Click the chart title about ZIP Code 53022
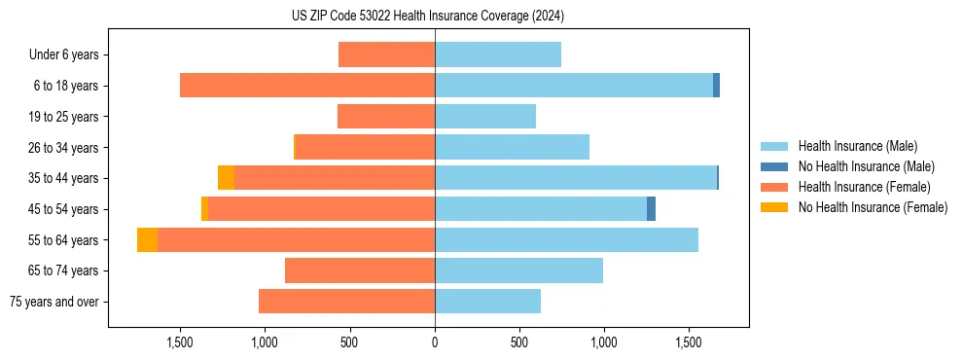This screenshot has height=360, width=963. pyautogui.click(x=427, y=16)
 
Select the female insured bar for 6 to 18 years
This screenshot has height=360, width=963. pyautogui.click(x=307, y=86)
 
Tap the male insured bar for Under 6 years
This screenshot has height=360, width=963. pyautogui.click(x=498, y=55)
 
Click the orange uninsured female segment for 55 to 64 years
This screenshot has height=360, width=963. pyautogui.click(x=147, y=240)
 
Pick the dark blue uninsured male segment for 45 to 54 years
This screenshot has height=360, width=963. pyautogui.click(x=651, y=209)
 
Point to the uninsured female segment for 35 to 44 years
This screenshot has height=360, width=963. pyautogui.click(x=226, y=178)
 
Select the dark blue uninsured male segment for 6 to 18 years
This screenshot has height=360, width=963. pyautogui.click(x=716, y=86)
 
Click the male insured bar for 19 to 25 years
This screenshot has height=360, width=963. pyautogui.click(x=485, y=117)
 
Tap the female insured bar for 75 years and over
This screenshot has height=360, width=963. pyautogui.click(x=346, y=302)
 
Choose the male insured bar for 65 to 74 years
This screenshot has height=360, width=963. pyautogui.click(x=518, y=270)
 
